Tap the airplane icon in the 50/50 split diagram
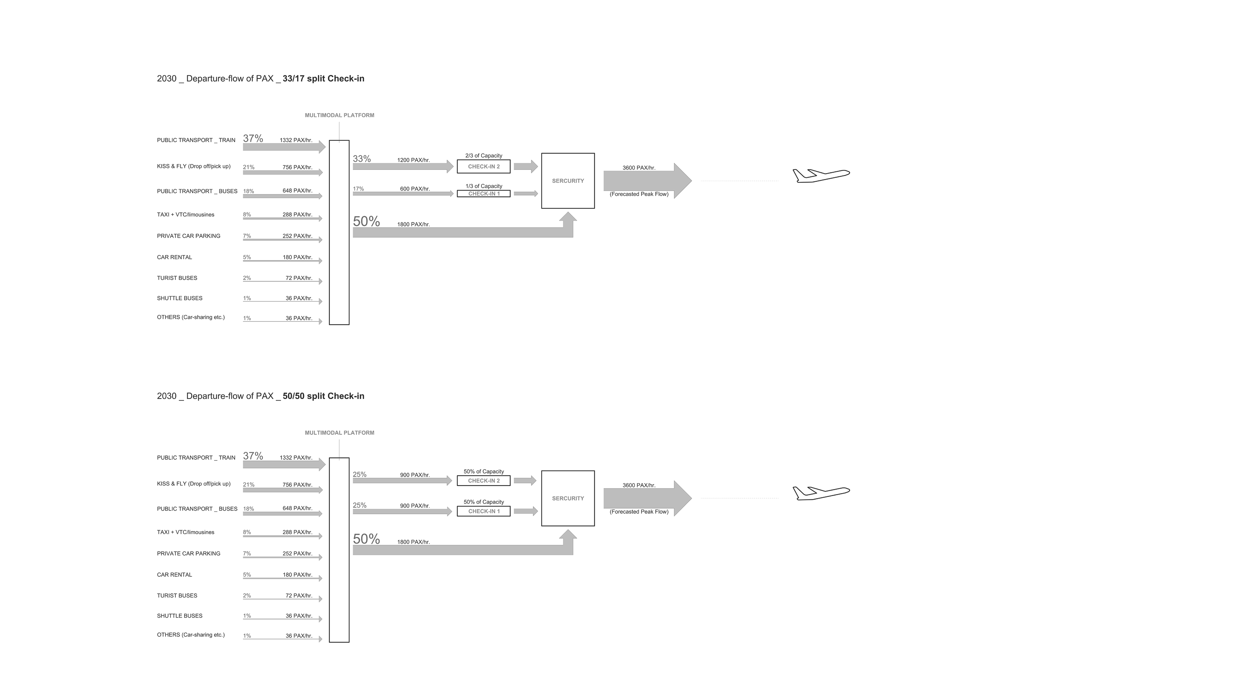click(821, 493)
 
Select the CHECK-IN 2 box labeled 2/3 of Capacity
click(484, 166)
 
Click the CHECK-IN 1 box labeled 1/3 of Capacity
click(484, 194)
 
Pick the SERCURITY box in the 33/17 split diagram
click(568, 181)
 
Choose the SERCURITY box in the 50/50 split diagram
click(568, 498)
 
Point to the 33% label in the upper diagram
click(362, 159)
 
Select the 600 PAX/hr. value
click(414, 189)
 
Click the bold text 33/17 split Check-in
click(323, 79)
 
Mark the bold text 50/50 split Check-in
click(323, 396)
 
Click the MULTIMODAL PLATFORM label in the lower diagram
click(339, 433)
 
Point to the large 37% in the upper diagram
click(253, 139)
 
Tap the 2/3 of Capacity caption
click(484, 156)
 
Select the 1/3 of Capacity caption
click(484, 186)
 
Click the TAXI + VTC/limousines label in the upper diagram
click(185, 215)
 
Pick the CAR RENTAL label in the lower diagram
click(174, 574)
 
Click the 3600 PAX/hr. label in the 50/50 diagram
click(639, 485)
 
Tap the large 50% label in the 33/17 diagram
click(366, 221)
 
